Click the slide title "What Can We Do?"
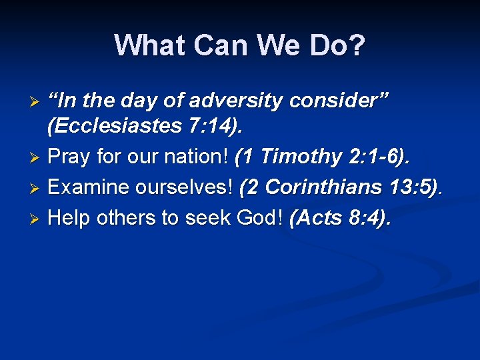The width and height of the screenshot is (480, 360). [239, 45]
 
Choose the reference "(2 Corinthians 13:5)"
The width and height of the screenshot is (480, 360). [340, 187]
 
